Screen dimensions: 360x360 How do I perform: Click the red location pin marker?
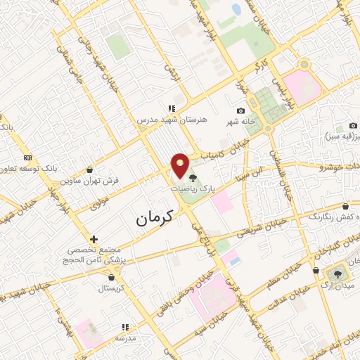[x=181, y=165]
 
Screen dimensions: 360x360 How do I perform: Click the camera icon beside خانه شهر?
[x=240, y=111]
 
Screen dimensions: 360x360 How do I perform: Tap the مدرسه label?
[x=126, y=338]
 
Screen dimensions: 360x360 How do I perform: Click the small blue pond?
[x=236, y=11]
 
